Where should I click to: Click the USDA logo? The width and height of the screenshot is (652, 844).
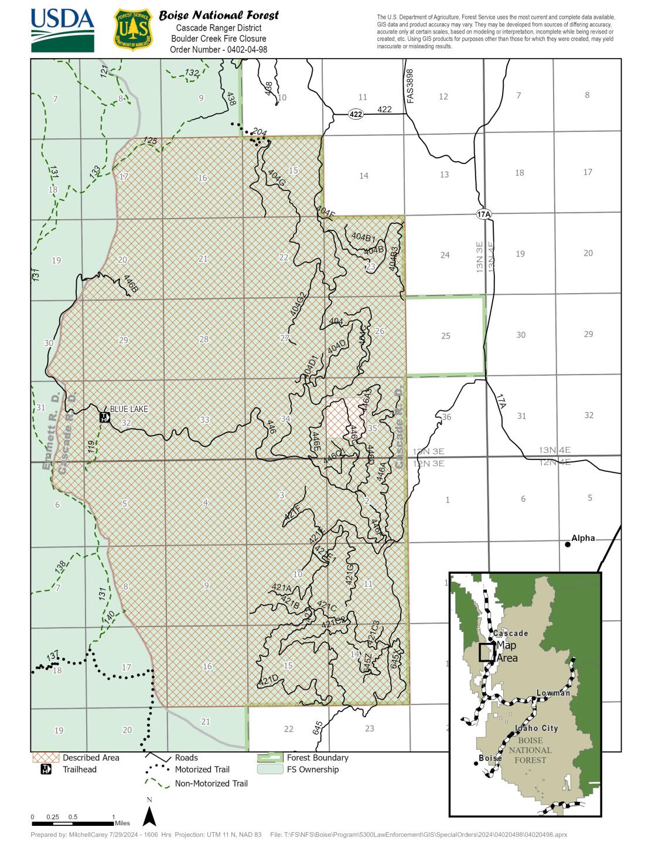[62, 30]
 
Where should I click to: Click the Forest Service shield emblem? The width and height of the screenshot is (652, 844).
[133, 29]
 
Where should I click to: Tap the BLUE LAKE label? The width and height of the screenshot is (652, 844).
[129, 409]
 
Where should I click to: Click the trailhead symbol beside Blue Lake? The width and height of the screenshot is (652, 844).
[104, 417]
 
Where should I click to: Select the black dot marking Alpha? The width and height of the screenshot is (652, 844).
[567, 544]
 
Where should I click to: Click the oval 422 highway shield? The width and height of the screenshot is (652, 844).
[356, 114]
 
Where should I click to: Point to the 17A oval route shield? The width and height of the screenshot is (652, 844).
[483, 215]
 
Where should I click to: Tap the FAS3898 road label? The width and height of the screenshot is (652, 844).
[410, 86]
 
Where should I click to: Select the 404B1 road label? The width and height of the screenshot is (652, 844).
[363, 237]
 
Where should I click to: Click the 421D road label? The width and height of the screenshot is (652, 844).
[268, 680]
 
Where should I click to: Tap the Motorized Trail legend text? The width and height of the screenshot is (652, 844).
[202, 769]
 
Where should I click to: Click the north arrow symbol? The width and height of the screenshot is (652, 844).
[149, 815]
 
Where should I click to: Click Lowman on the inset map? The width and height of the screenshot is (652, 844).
[553, 693]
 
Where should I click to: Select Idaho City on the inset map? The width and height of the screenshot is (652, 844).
[536, 728]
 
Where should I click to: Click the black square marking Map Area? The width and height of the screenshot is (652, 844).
[486, 652]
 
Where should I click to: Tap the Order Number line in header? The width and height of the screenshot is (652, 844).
[219, 49]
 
